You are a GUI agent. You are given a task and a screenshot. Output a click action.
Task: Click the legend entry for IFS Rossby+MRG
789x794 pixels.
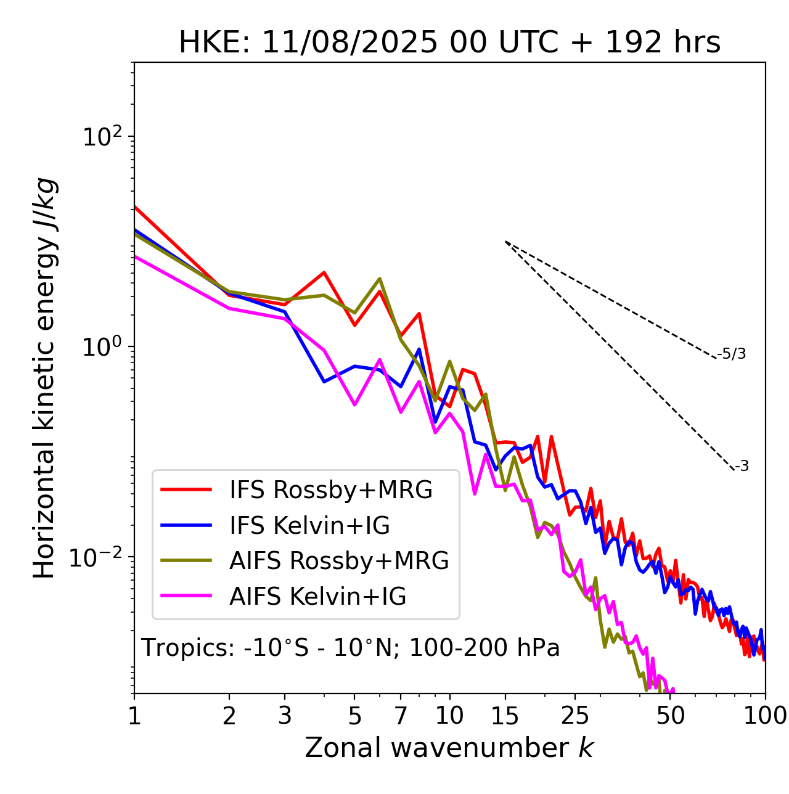pyautogui.click(x=330, y=490)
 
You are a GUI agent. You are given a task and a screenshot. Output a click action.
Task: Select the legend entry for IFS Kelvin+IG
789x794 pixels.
pyautogui.click(x=309, y=525)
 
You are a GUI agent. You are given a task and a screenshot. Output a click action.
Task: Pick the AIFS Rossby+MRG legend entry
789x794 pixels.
pyautogui.click(x=339, y=561)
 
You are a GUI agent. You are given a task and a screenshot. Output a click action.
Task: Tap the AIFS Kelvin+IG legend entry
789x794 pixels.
pyautogui.click(x=317, y=596)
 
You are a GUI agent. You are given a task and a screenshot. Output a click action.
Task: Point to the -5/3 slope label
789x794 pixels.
pyautogui.click(x=732, y=354)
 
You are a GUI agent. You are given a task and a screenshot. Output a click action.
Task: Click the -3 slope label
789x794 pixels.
pyautogui.click(x=742, y=467)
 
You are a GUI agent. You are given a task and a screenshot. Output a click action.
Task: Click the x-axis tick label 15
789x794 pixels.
pyautogui.click(x=505, y=716)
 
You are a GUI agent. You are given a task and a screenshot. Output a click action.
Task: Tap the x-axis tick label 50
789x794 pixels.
pyautogui.click(x=670, y=716)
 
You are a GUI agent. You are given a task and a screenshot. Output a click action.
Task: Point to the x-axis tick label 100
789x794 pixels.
pyautogui.click(x=764, y=716)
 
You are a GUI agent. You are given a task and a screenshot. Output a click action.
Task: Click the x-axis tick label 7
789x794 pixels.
pyautogui.click(x=401, y=716)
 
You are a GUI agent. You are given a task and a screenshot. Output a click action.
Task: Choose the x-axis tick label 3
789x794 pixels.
pyautogui.click(x=285, y=716)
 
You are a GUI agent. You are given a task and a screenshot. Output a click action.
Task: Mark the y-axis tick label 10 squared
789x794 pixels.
pyautogui.click(x=102, y=137)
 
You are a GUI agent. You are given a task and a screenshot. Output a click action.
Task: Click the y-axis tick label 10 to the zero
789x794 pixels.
pyautogui.click(x=102, y=346)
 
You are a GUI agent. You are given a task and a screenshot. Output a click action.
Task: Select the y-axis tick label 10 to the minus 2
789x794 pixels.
pyautogui.click(x=99, y=557)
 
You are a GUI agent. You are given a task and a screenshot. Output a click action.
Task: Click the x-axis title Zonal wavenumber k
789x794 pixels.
pyautogui.click(x=449, y=748)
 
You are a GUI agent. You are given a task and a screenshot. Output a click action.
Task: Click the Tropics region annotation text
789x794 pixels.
pyautogui.click(x=350, y=648)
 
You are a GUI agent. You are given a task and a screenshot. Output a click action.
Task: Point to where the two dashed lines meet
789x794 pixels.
pyautogui.click(x=505, y=242)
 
